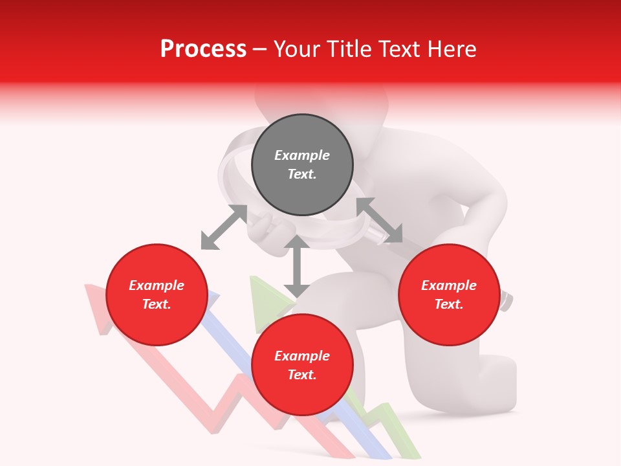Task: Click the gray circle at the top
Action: point(302,165)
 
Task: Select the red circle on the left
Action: point(157,294)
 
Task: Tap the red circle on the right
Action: point(449,294)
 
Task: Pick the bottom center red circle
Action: point(302,365)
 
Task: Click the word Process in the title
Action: point(203,49)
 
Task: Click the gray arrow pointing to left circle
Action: point(224,227)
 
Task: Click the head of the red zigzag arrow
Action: point(96,304)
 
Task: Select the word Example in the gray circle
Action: point(302,155)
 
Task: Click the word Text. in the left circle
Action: point(157,304)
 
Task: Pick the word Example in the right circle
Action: point(449,285)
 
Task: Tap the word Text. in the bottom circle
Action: point(302,375)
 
